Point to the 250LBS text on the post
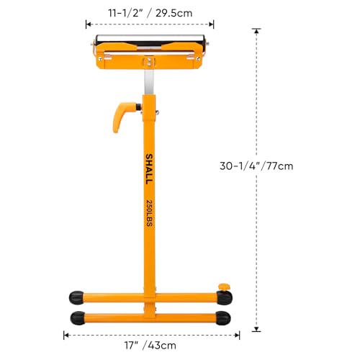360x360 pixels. click(x=148, y=215)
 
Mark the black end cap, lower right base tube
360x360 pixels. click(x=224, y=317)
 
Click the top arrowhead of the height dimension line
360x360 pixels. click(x=255, y=30)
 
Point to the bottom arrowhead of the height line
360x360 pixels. click(x=255, y=330)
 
